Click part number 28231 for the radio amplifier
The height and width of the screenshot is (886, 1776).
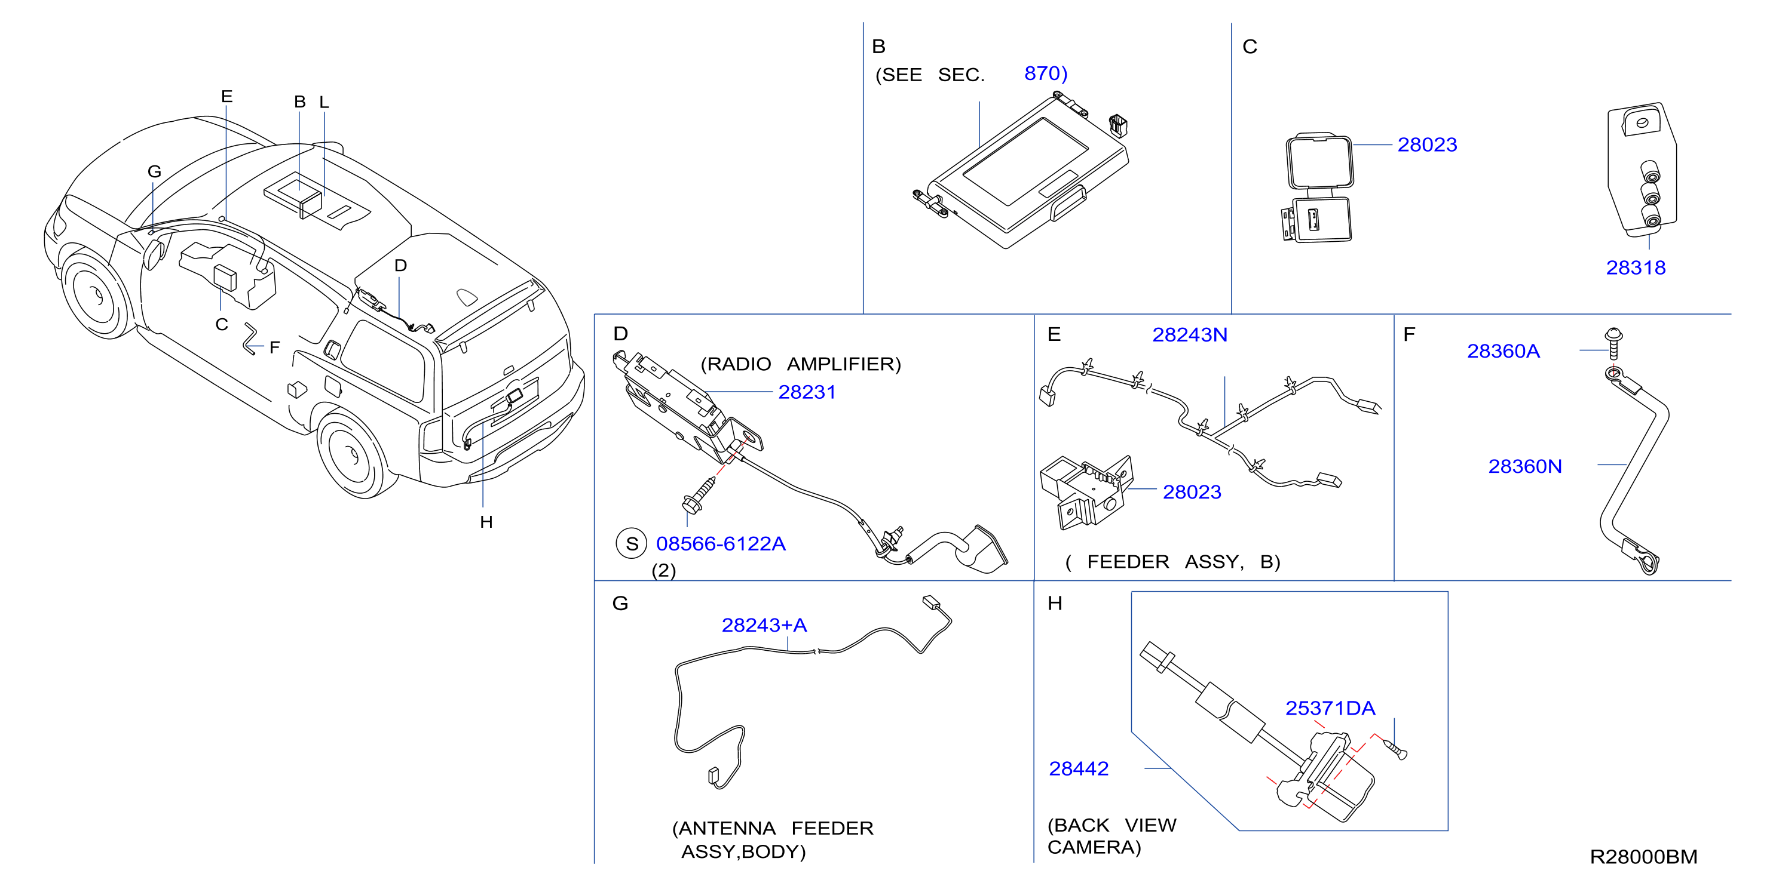pos(807,392)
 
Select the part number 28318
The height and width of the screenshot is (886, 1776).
pos(1636,267)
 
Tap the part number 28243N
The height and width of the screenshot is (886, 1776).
pos(1189,335)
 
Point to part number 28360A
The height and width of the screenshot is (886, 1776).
pos(1503,352)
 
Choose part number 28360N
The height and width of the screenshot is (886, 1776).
pos(1524,466)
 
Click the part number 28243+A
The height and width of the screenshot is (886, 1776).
pos(764,625)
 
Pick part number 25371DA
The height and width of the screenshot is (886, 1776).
pos(1330,708)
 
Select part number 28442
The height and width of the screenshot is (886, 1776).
pos(1078,768)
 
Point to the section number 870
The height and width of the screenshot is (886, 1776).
pos(1041,73)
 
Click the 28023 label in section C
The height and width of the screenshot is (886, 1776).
pos(1427,144)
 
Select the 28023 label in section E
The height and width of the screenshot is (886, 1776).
pos(1192,492)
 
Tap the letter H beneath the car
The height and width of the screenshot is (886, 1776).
pos(486,522)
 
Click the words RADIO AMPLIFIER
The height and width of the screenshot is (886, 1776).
pos(800,364)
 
